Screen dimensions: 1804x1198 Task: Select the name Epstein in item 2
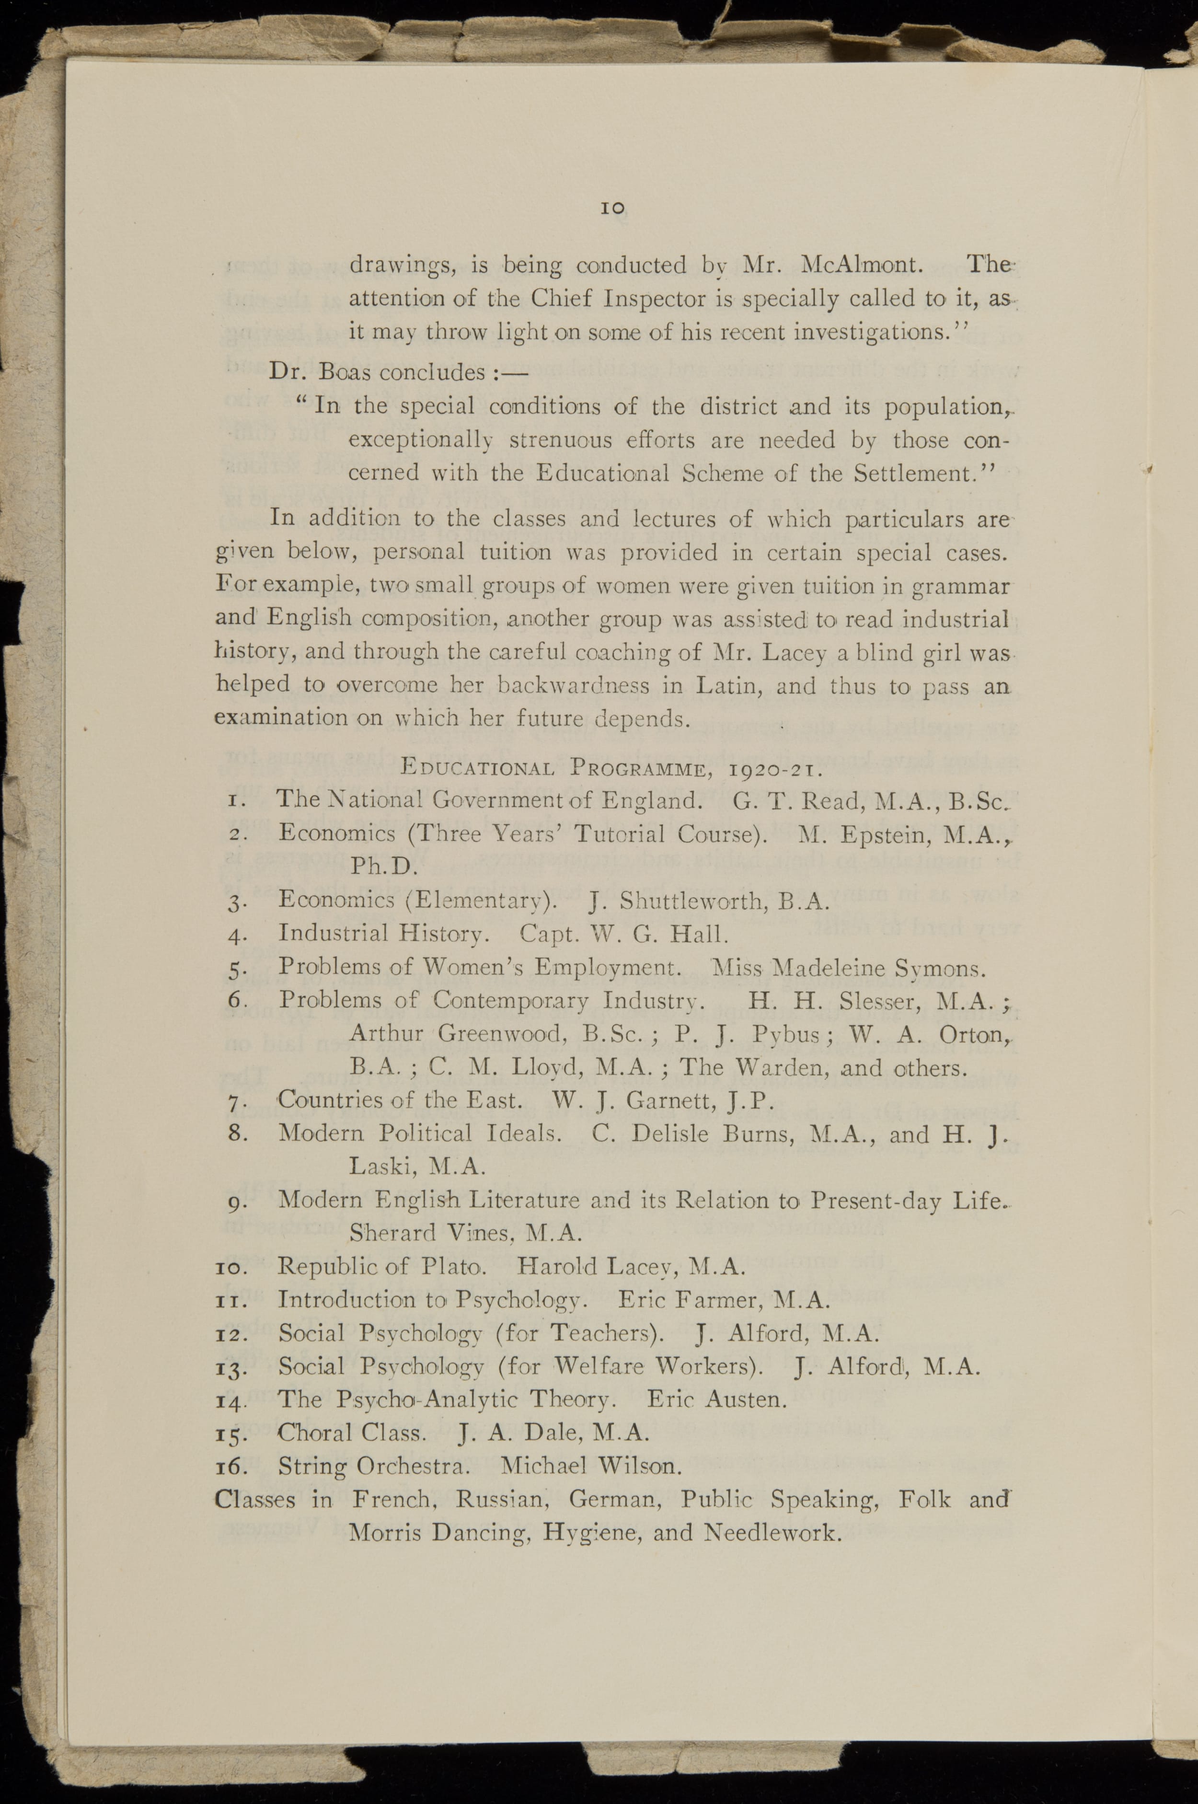pos(886,833)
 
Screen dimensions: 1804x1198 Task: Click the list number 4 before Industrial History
pos(236,935)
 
